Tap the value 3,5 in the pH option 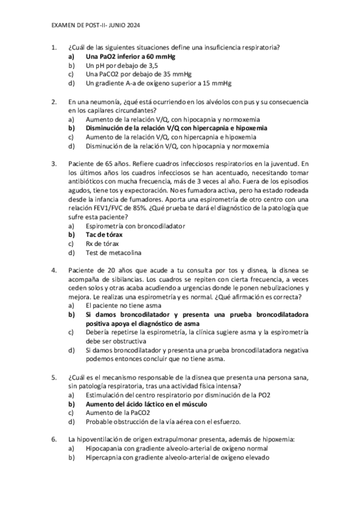click(153, 65)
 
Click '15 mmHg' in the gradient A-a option click(218, 83)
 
